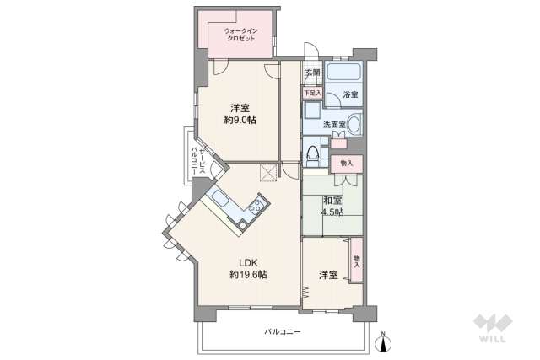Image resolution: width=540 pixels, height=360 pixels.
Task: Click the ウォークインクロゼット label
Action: [x=241, y=35]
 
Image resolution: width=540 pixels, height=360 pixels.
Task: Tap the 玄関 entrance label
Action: [x=313, y=73]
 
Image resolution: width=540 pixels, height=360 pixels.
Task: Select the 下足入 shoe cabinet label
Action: [x=313, y=93]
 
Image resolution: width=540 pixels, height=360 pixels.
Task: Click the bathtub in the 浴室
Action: [x=343, y=72]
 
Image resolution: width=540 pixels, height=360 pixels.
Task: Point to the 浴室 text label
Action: [x=351, y=94]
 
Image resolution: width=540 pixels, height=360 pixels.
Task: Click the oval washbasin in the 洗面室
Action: [x=354, y=124]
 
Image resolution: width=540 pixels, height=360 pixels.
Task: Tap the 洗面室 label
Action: [x=334, y=125]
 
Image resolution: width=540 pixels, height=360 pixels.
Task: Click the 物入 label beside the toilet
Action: [x=347, y=164]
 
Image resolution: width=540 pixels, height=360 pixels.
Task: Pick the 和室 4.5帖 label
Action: [x=332, y=207]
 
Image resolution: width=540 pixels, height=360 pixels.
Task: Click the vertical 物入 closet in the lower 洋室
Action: [x=357, y=261]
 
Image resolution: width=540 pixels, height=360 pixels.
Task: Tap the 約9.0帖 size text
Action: [x=240, y=120]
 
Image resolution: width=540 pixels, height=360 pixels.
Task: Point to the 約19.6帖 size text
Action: [x=248, y=275]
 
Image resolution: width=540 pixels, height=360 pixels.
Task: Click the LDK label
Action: [x=248, y=263]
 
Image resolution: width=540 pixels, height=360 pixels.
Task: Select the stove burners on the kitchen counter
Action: [x=256, y=206]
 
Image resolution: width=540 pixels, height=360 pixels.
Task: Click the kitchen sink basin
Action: [x=219, y=198]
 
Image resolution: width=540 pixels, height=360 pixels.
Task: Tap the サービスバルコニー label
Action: [x=198, y=159]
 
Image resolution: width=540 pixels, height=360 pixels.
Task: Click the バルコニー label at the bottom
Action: [x=283, y=332]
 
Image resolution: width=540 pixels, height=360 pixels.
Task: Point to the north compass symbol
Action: [x=384, y=342]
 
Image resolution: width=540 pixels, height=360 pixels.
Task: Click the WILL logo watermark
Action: [x=493, y=328]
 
